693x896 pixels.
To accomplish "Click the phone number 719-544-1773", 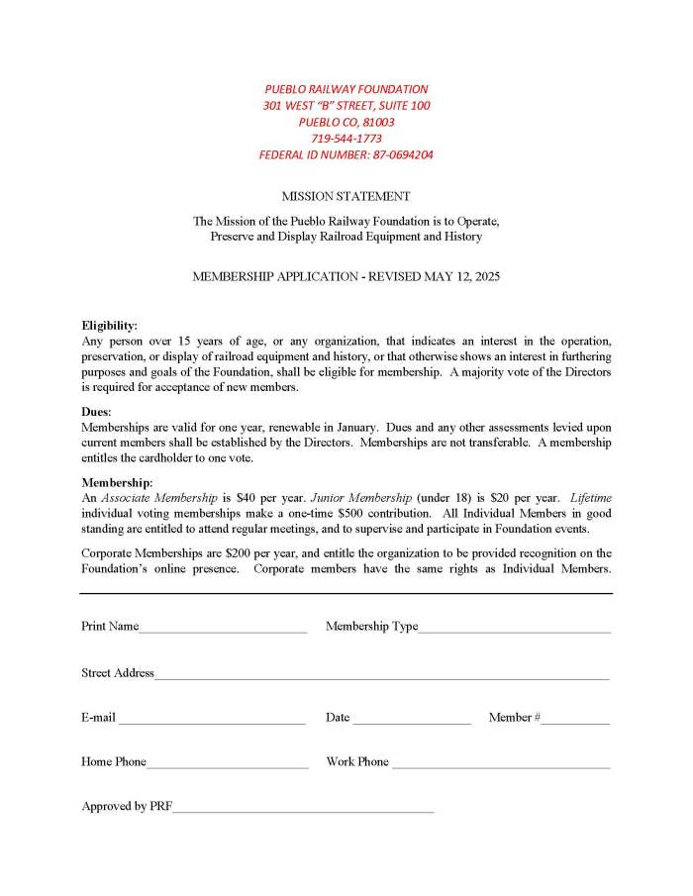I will [346, 139].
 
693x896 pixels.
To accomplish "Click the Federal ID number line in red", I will [346, 154].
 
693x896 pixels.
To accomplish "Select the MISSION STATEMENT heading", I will [346, 196].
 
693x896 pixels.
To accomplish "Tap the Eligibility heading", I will [109, 325].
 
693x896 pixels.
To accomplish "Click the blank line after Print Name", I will [223, 630].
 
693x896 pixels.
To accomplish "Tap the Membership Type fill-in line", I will [514, 630].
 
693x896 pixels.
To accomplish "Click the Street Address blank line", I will [381, 677].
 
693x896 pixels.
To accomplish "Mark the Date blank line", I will [411, 722].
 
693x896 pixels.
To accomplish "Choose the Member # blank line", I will [574, 722].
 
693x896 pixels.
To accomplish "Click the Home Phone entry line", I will [227, 766].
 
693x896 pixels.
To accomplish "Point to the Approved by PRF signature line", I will [303, 811].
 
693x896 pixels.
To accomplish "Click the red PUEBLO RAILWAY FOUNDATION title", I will [346, 89].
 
